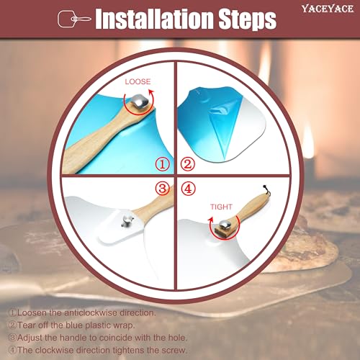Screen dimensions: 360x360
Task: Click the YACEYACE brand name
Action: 328,9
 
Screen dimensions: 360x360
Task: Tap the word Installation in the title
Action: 155,19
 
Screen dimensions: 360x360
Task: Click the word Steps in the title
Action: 248,19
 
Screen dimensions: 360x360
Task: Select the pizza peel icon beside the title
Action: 74,19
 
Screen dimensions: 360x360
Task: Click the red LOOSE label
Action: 138,82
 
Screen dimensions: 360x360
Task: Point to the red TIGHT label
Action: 221,207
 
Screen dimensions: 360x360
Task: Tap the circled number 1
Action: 163,164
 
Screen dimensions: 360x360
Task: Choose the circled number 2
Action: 187,164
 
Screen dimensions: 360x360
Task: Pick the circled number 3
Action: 163,189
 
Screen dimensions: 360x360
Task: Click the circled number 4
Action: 188,189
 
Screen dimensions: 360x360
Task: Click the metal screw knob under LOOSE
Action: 140,102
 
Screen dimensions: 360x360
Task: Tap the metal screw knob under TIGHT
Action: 225,225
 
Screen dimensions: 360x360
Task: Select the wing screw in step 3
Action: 127,220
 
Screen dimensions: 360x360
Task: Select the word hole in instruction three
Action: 177,338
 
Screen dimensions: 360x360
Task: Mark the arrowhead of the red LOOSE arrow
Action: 151,92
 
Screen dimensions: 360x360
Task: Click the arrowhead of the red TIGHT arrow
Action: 211,220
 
